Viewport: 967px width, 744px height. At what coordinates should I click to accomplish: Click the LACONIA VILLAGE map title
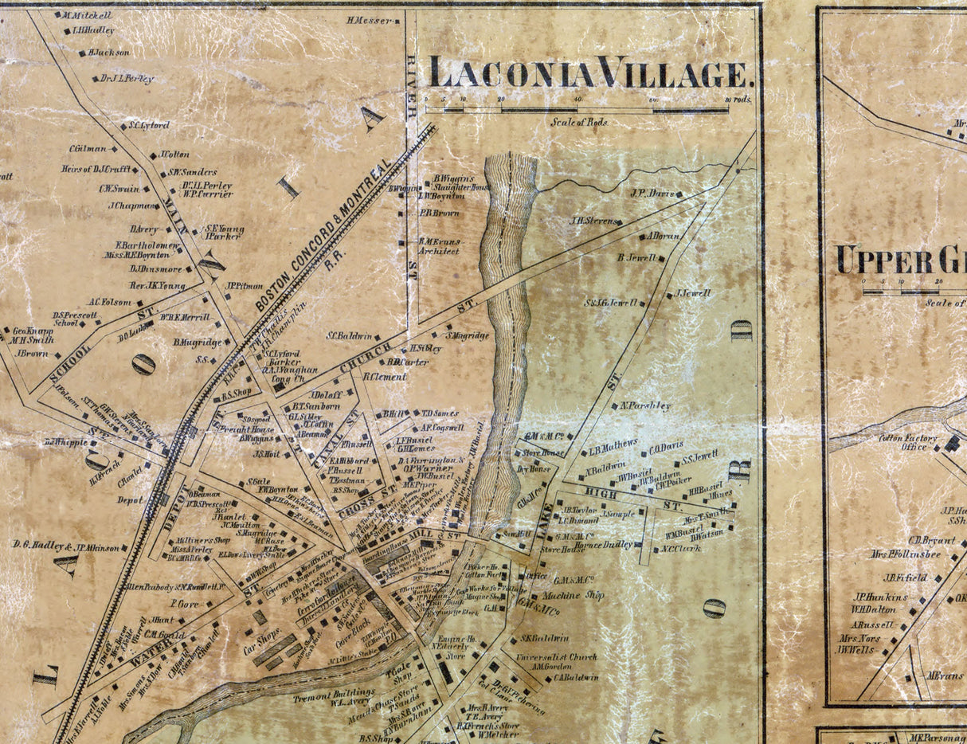(590, 73)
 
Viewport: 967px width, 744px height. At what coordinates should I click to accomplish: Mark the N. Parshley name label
(645, 405)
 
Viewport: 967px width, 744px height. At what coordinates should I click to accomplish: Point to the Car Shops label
(260, 644)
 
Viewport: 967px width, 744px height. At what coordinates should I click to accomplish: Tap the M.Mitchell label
(86, 15)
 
